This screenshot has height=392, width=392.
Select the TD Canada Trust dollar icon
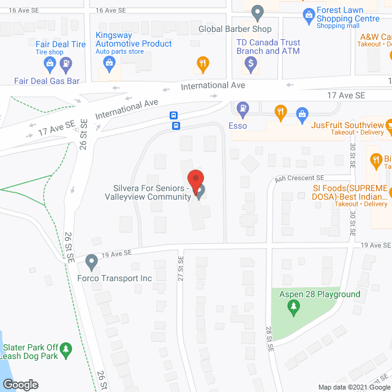(251, 62)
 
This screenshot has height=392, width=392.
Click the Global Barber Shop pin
(258, 12)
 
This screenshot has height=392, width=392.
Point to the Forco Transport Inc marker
(91, 262)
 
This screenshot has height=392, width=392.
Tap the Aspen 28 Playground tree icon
(293, 307)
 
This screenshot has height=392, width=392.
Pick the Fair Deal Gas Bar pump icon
(66, 63)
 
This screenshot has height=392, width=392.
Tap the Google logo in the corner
(20, 385)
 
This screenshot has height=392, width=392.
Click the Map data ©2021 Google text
(353, 387)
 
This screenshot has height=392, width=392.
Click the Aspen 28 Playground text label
(320, 295)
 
